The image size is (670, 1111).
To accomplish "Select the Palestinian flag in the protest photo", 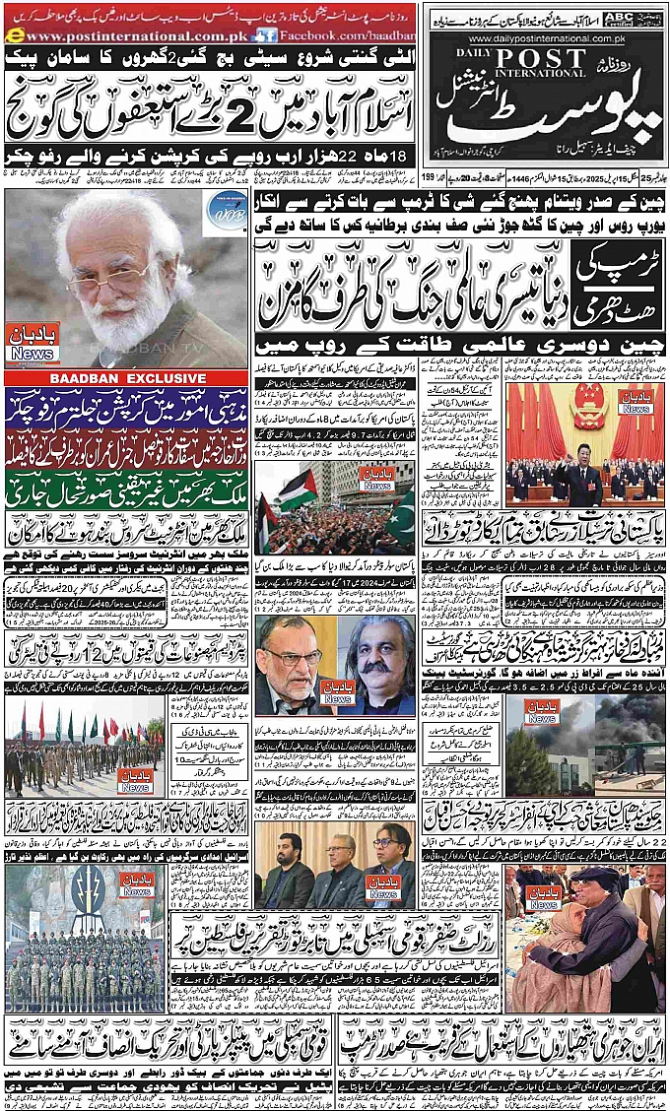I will pyautogui.click(x=297, y=490).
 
